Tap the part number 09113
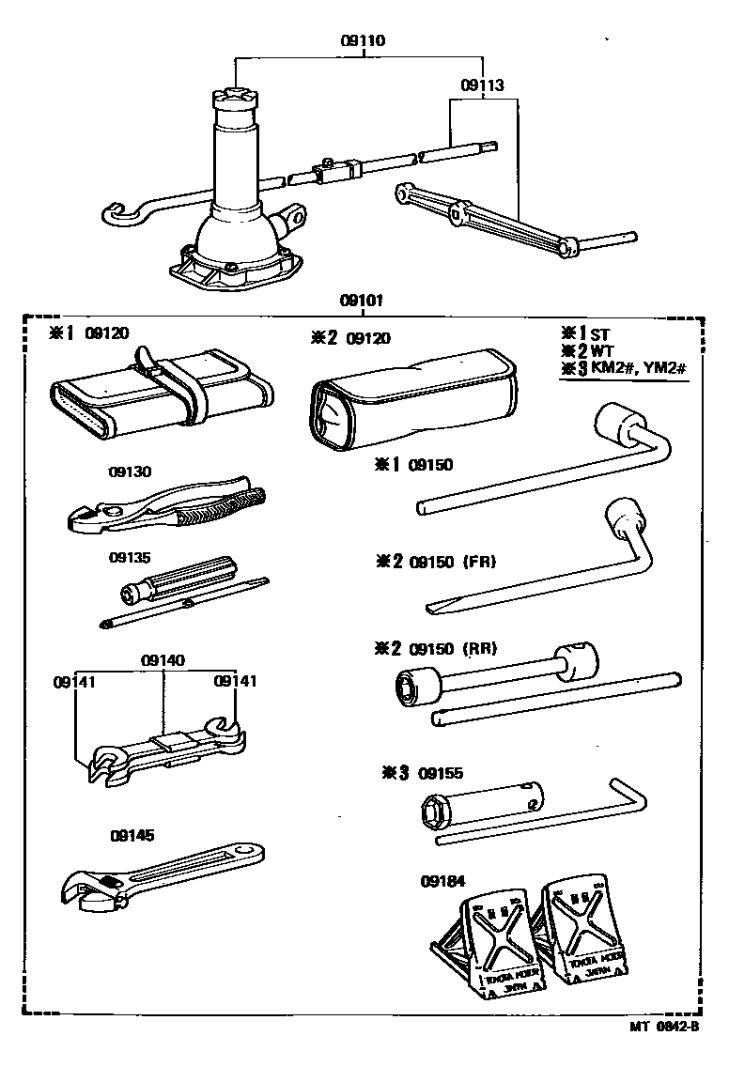[482, 85]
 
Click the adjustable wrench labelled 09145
[160, 874]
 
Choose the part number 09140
[163, 660]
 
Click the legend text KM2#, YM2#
[640, 367]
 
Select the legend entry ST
[600, 333]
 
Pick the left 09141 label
[73, 681]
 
